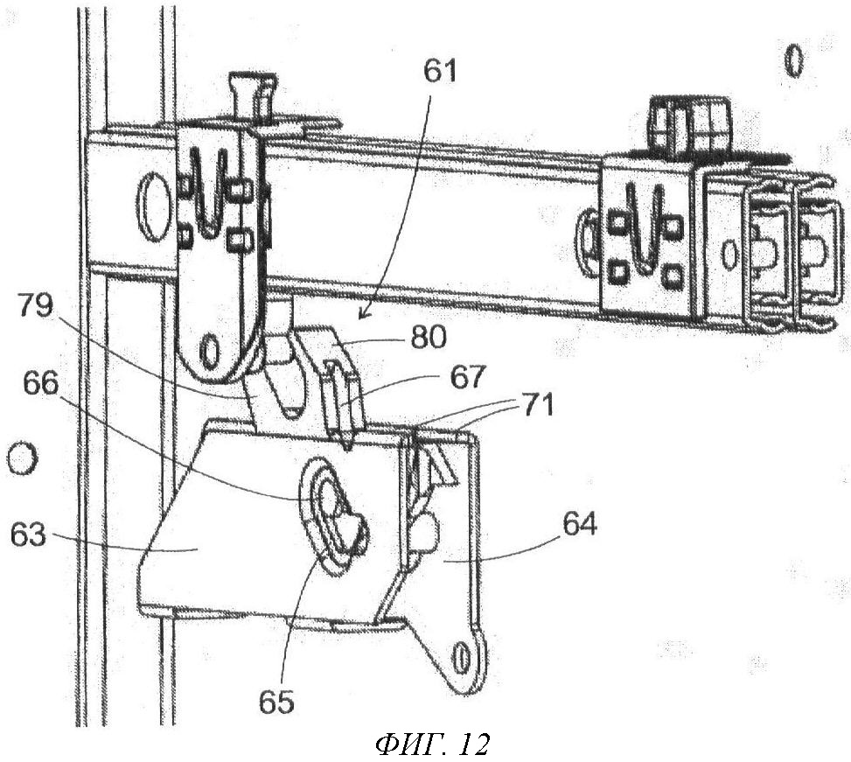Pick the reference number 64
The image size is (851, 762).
click(x=579, y=526)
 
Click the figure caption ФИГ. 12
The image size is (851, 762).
click(x=431, y=745)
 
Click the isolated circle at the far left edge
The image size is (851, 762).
click(x=20, y=458)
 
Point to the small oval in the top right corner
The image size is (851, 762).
click(x=793, y=60)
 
